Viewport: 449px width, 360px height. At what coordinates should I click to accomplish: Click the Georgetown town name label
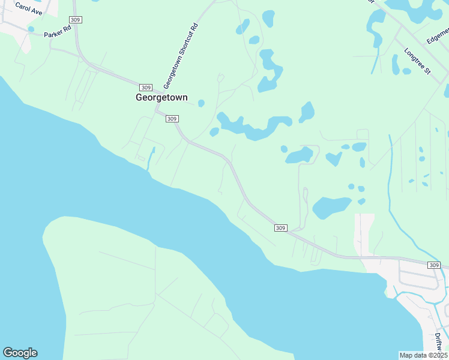[x=161, y=97]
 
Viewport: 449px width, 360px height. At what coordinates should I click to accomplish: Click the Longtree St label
[x=417, y=61]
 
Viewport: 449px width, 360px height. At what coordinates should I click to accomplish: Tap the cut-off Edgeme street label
[x=438, y=37]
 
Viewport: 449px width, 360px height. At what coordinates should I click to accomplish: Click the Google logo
[x=20, y=353]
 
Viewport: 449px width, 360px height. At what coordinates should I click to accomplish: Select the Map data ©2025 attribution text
[x=424, y=355]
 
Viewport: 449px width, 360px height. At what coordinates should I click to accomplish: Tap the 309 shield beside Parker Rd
[x=76, y=20]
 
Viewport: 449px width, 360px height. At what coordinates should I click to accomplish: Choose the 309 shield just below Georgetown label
[x=172, y=119]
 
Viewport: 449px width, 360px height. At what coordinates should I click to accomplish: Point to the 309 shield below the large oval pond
[x=281, y=228]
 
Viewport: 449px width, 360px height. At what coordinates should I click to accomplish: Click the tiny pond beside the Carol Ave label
[x=31, y=29]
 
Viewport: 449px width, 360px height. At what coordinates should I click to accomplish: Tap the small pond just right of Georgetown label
[x=201, y=103]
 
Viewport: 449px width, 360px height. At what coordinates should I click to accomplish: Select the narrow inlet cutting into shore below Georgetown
[x=151, y=157]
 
